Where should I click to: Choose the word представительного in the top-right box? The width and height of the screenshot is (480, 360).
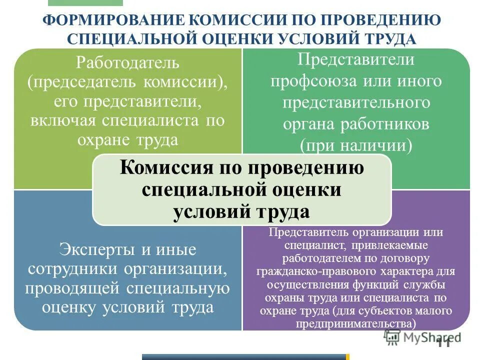(356, 102)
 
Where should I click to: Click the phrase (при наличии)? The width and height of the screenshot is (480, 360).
(356, 145)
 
